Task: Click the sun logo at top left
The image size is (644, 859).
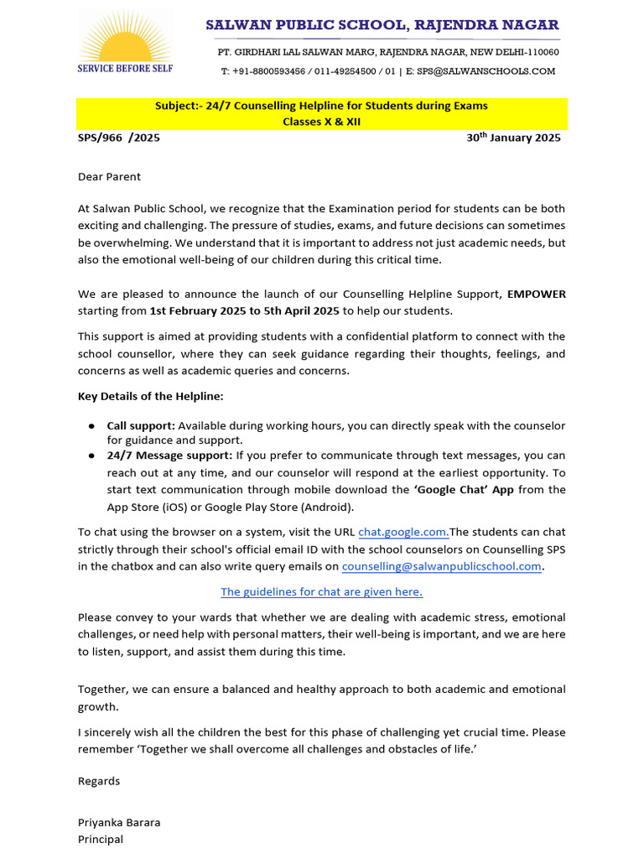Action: (x=124, y=37)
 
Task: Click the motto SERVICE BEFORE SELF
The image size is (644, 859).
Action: (x=124, y=68)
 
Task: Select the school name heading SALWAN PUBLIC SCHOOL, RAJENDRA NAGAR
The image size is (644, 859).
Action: (x=382, y=25)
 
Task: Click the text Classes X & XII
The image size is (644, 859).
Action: (x=321, y=122)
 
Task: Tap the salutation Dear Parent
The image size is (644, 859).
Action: (x=110, y=177)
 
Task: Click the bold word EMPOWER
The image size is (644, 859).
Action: (x=536, y=294)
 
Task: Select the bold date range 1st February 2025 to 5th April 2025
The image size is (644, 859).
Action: (x=244, y=311)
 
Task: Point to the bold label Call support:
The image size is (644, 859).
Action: (x=141, y=426)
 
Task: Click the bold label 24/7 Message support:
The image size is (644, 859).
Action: (x=169, y=456)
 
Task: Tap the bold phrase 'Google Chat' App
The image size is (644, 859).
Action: (x=465, y=489)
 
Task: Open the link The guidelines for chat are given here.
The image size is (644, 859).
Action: (x=321, y=591)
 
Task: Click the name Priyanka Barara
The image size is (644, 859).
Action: (x=119, y=822)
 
